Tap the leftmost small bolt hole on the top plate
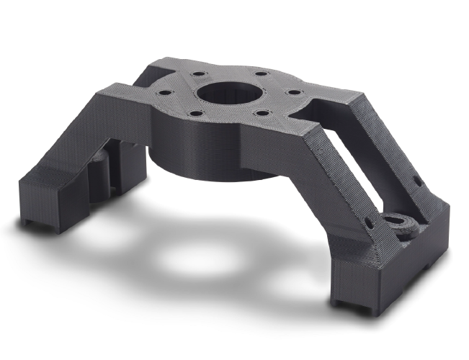[165, 94]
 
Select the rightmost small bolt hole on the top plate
[293, 92]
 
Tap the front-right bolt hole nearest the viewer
[261, 112]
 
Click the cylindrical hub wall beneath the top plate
[216, 155]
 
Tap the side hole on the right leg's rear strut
[416, 180]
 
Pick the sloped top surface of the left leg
[108, 108]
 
